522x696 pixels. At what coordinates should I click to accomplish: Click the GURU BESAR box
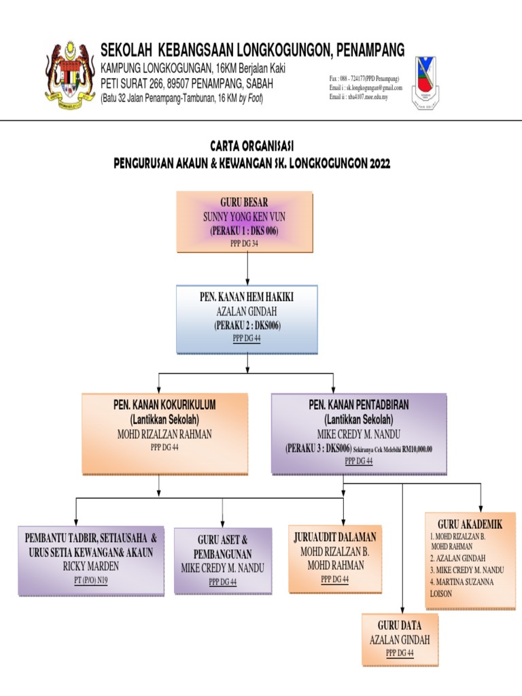pos(245,221)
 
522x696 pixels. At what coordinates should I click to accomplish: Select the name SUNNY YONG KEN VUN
pos(245,217)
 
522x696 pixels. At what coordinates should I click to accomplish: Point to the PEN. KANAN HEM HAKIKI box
pos(247,319)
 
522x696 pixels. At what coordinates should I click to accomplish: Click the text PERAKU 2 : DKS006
pos(247,326)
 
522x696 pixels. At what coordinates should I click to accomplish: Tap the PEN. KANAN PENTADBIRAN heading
pos(359,405)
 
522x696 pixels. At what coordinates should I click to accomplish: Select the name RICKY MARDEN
pos(91,565)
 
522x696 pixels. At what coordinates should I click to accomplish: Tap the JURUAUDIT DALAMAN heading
pos(335,538)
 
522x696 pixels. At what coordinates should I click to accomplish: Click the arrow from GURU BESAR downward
pos(248,268)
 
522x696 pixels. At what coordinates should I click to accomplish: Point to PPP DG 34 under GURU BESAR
pos(245,243)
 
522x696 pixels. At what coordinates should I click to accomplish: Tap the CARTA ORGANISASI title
pos(252,145)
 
